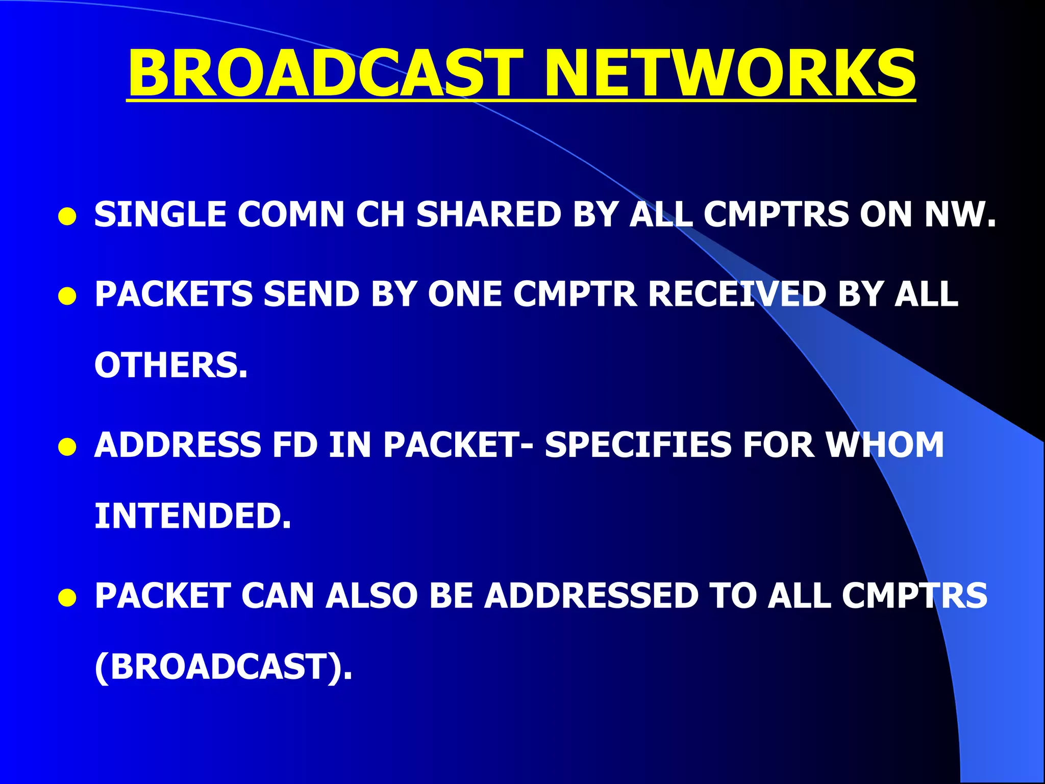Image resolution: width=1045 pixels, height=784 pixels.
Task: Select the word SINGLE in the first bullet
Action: (160, 214)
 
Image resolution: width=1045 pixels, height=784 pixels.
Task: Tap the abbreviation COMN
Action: (291, 214)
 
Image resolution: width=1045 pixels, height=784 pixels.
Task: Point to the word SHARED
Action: (489, 214)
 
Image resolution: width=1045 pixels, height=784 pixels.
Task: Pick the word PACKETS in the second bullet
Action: (173, 295)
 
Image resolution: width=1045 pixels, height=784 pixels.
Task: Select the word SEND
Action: (311, 295)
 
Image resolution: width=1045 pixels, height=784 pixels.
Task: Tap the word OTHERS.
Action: (171, 365)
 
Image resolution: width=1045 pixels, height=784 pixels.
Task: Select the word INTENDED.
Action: (193, 516)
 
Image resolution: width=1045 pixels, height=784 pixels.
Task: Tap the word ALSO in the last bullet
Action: (372, 596)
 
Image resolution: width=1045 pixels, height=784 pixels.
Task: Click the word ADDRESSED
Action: (591, 596)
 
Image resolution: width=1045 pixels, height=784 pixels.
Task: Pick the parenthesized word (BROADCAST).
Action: (223, 667)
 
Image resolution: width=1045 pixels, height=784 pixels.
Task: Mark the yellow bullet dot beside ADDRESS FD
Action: (67, 447)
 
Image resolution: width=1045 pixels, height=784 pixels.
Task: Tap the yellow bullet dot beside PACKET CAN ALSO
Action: (67, 598)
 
